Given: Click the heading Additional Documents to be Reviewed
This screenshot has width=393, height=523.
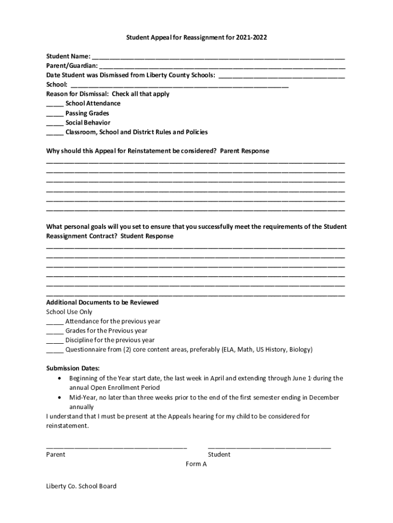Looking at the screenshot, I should click(103, 302).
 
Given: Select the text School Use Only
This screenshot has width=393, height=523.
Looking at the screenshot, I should click(69, 312).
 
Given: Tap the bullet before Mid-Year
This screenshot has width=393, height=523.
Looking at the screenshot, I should click(61, 397).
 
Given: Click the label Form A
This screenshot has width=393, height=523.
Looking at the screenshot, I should click(196, 464).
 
